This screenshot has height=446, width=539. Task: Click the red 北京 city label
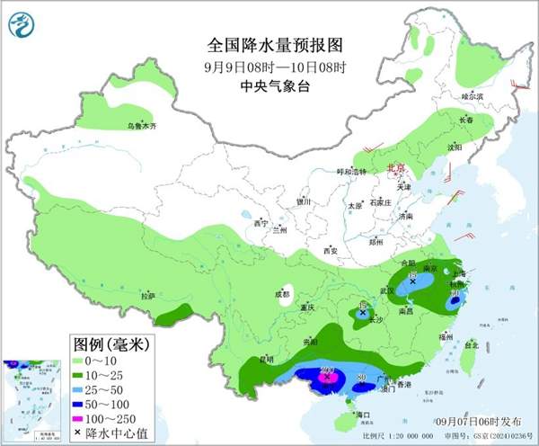[395, 168]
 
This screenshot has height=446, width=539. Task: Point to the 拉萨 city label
[147, 295]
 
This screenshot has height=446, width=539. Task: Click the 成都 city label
[283, 293]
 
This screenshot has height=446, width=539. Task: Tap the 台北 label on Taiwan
[470, 343]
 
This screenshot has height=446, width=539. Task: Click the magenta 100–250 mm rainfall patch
[328, 379]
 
